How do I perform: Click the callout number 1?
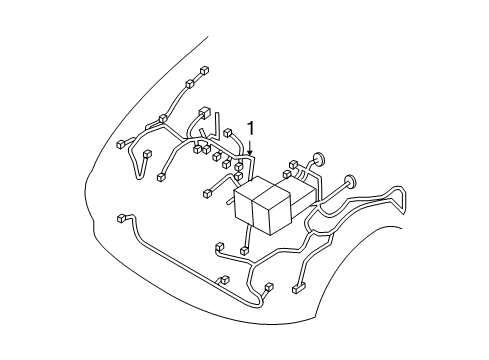point(251,128)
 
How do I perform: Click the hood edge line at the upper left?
point(150,80)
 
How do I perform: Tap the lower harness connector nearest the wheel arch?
point(299,290)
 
